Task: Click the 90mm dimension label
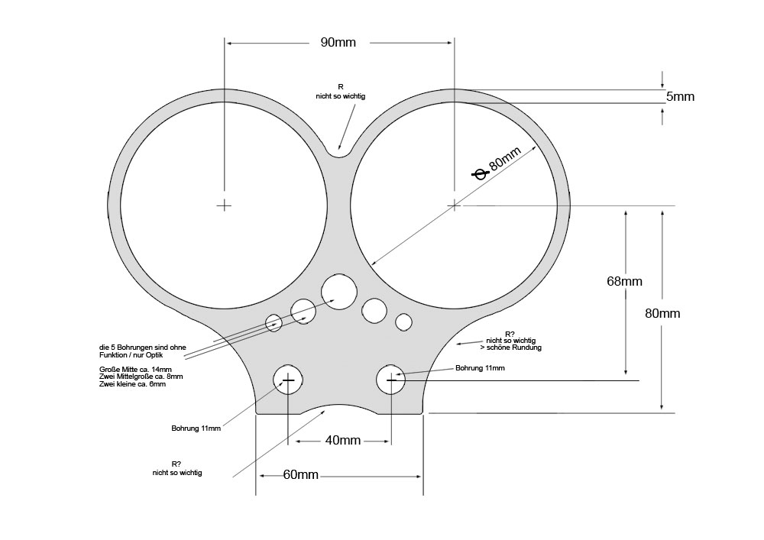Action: coord(338,42)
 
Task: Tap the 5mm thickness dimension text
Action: coord(680,96)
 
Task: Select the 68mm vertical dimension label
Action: coord(624,281)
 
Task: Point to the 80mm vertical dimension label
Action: coord(662,313)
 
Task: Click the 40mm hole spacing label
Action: coord(343,440)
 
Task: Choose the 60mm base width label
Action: coord(300,474)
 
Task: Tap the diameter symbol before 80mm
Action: coord(480,173)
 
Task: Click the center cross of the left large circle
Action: coord(224,205)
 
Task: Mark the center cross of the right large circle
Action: coord(454,205)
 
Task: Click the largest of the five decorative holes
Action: coord(339,292)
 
